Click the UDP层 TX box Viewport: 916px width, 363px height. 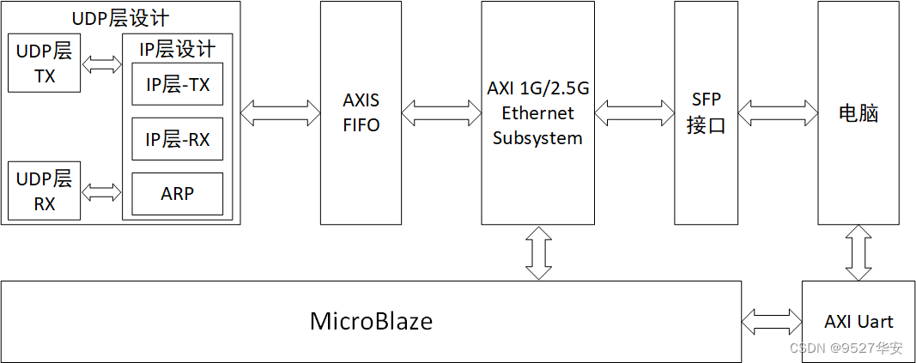click(x=45, y=64)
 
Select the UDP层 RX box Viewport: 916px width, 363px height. click(x=45, y=191)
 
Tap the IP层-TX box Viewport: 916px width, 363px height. click(x=177, y=85)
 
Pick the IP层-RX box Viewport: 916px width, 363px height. click(x=177, y=139)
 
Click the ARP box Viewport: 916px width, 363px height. click(x=177, y=194)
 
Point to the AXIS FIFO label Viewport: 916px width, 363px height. click(x=361, y=112)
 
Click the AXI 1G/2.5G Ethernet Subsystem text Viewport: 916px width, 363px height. click(x=537, y=112)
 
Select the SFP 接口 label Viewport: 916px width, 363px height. click(x=706, y=112)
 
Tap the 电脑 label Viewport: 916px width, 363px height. click(x=858, y=113)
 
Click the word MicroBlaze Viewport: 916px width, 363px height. click(x=371, y=322)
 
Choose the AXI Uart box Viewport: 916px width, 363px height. click(x=858, y=322)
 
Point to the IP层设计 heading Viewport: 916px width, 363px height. click(x=177, y=49)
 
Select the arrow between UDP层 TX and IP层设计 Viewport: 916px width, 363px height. click(x=102, y=65)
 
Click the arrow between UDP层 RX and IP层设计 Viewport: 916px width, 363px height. click(x=102, y=191)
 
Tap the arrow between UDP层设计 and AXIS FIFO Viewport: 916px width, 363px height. click(x=280, y=110)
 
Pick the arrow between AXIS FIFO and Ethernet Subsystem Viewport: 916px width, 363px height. click(x=440, y=110)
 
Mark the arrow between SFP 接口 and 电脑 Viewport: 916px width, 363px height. click(x=777, y=110)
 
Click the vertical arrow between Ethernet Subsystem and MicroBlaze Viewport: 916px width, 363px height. click(x=538, y=252)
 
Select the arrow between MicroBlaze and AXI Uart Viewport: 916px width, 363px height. click(x=771, y=323)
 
